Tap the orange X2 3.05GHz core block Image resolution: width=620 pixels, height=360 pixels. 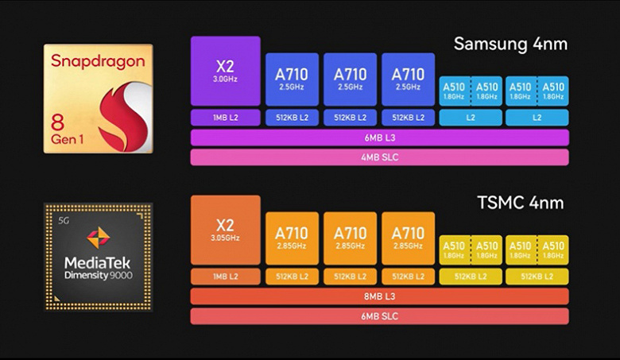click(226, 230)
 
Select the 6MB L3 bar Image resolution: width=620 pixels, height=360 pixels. click(379, 137)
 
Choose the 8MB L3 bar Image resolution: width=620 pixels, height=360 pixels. click(379, 296)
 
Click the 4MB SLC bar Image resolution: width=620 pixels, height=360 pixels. click(379, 157)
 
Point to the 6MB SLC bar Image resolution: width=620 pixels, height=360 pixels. click(379, 315)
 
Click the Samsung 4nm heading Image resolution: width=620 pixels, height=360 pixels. click(510, 43)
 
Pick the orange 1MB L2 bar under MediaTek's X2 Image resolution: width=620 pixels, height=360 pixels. click(226, 277)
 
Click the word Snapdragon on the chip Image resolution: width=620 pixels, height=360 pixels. click(99, 61)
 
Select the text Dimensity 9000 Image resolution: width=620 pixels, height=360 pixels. click(99, 274)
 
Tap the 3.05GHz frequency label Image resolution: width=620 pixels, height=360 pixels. click(226, 237)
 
